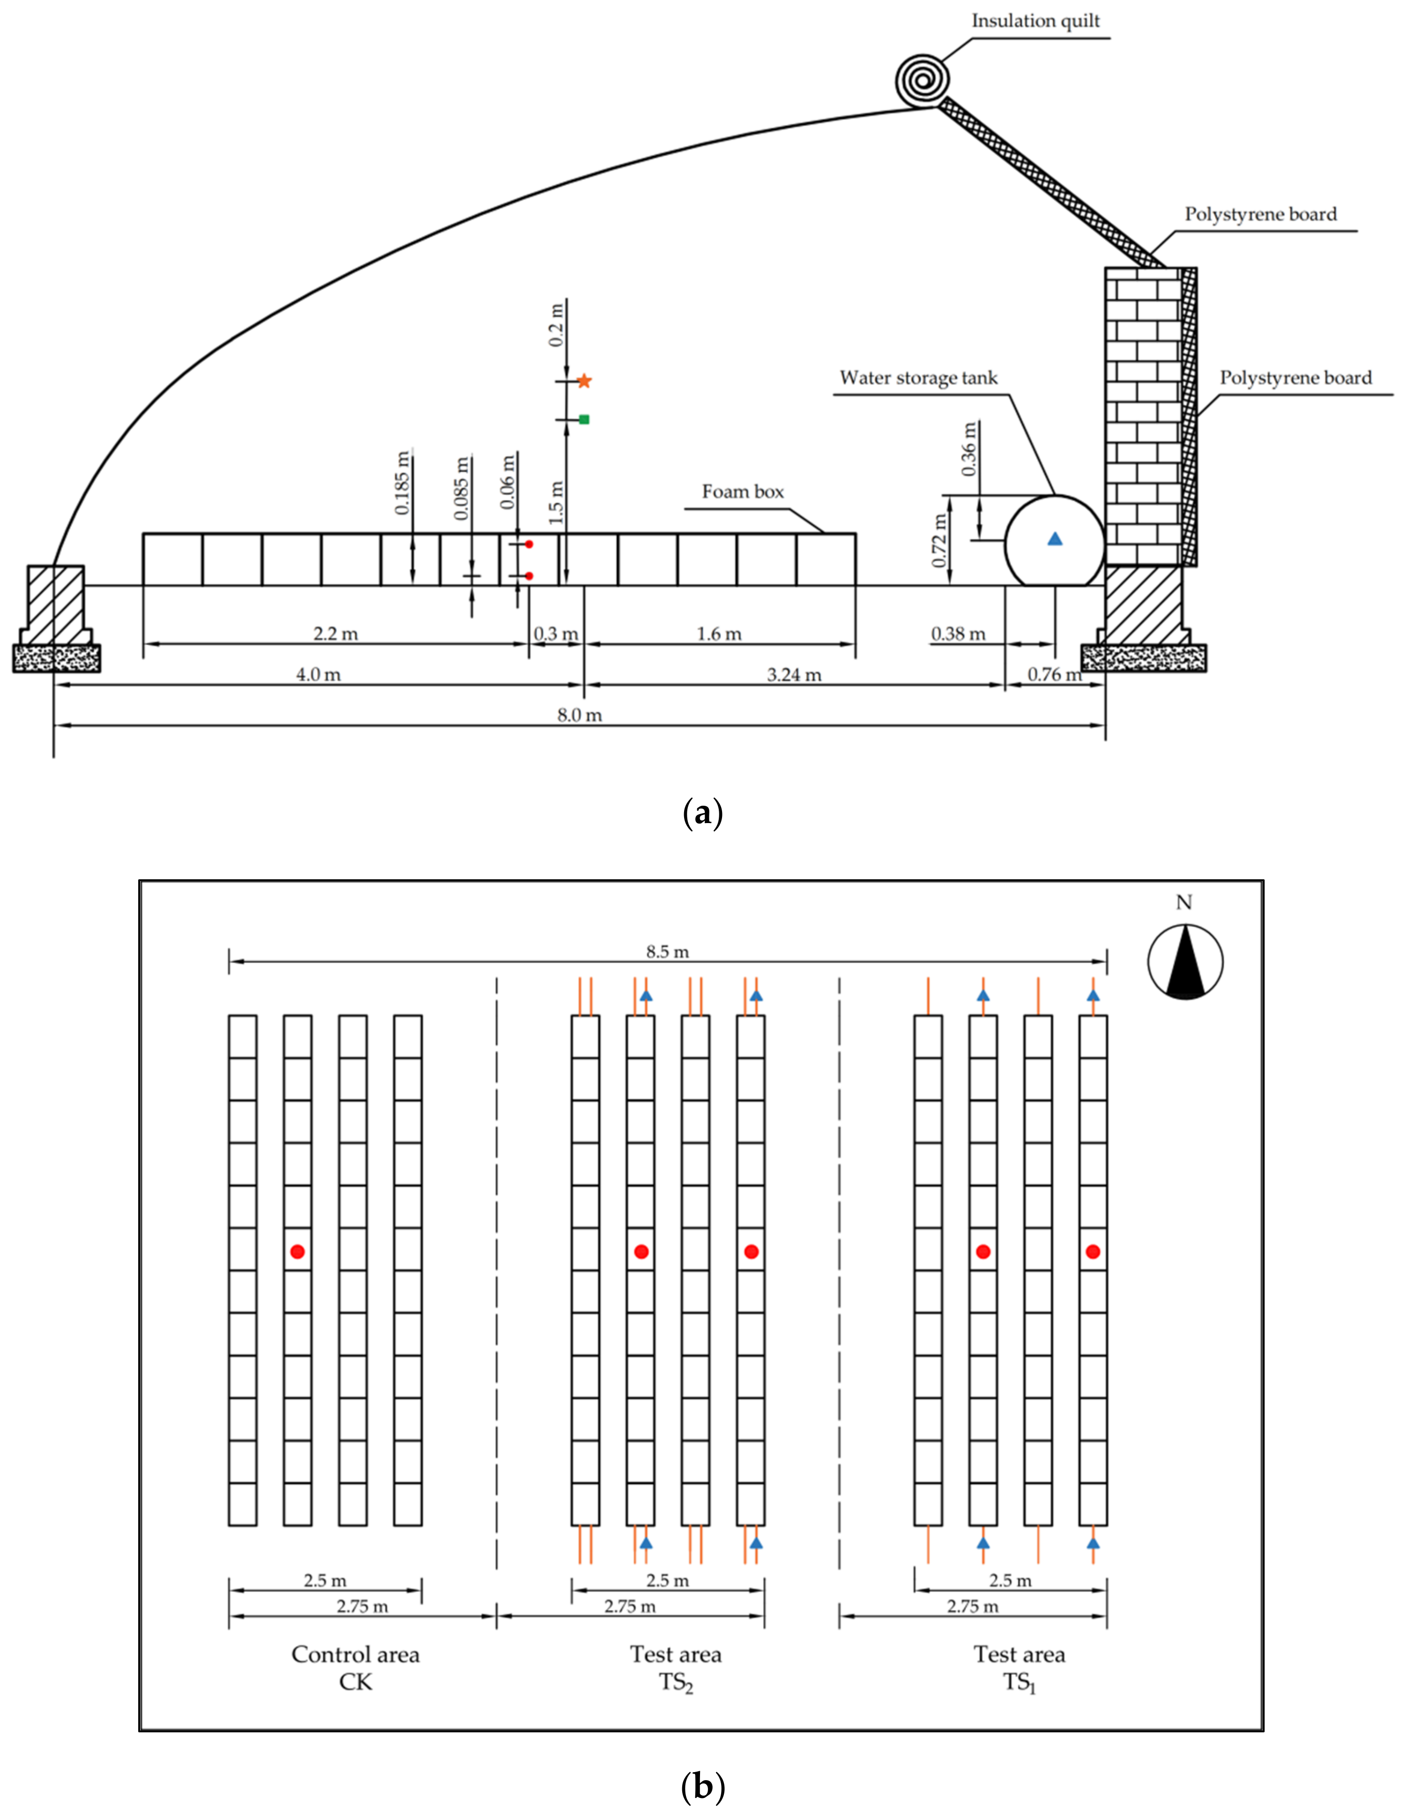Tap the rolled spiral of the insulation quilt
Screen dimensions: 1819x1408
[922, 80]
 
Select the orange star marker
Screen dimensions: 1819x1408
[584, 381]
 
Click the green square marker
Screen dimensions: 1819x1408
[584, 419]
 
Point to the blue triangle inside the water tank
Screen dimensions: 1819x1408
[1055, 539]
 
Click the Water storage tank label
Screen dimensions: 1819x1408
[918, 378]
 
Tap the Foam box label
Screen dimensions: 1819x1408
[742, 491]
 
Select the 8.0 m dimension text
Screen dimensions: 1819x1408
[579, 714]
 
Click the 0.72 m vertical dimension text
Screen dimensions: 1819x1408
[940, 541]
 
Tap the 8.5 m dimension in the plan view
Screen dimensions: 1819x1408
[667, 951]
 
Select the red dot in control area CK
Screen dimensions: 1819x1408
[298, 1251]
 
